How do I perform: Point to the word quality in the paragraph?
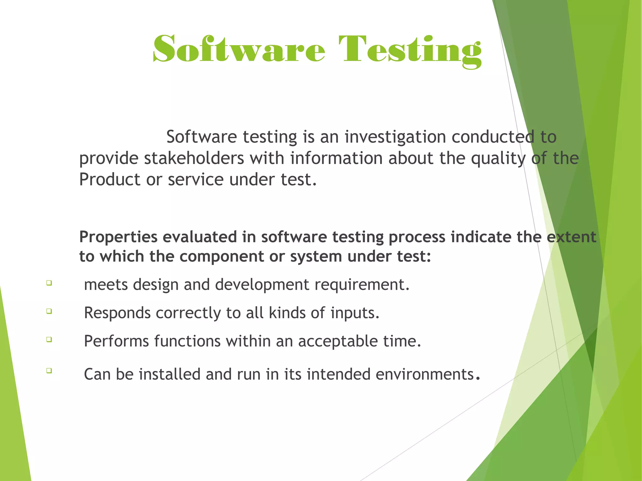[x=498, y=158]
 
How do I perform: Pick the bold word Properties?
[x=118, y=237]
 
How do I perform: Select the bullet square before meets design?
[x=49, y=283]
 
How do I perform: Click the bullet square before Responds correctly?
[x=49, y=311]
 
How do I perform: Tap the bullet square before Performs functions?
[x=49, y=339]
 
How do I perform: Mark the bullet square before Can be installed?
[x=49, y=370]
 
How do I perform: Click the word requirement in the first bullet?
[x=362, y=285]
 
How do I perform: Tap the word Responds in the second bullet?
[x=117, y=313]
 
